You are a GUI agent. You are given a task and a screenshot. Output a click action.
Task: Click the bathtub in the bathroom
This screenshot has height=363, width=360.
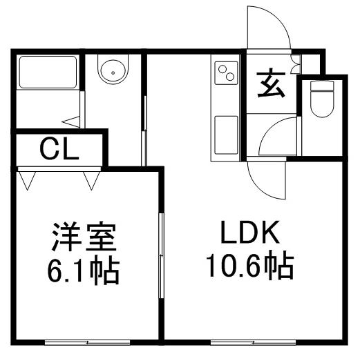click(48, 72)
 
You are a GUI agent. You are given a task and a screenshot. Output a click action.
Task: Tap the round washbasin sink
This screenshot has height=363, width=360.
click(113, 70)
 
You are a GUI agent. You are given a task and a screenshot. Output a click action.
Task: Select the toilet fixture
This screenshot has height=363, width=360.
click(322, 99)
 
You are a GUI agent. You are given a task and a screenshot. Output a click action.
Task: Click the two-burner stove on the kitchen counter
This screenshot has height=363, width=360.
click(226, 73)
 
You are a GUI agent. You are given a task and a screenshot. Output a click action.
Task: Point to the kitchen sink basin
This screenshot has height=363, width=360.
click(226, 135)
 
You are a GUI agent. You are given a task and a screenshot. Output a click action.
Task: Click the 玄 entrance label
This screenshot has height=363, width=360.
click(272, 83)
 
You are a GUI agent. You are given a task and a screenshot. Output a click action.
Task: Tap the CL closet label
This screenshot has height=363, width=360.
click(59, 148)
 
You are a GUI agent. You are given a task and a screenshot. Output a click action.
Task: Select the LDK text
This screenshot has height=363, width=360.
click(250, 232)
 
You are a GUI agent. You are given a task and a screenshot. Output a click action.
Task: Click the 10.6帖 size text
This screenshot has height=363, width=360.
click(250, 266)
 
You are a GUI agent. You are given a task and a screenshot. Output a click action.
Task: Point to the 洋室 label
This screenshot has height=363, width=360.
click(84, 237)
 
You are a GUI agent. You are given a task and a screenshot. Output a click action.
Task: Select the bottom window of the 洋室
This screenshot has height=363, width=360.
click(87, 342)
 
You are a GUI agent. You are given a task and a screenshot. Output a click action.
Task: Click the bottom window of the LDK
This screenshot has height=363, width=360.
click(253, 342)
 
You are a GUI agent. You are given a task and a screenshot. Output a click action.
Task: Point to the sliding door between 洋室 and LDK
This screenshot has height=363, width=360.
click(161, 255)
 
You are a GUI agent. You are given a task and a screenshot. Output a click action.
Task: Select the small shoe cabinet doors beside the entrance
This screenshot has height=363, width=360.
click(296, 63)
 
